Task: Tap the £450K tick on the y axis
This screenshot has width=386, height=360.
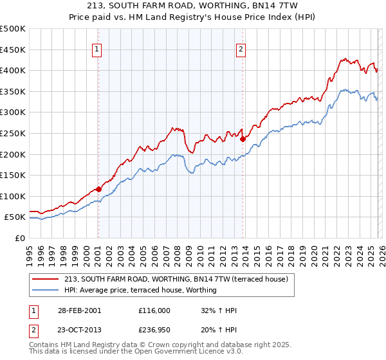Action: pos(13,50)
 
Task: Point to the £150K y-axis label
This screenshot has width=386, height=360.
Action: pos(13,175)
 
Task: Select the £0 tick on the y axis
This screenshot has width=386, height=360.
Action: pos(20,238)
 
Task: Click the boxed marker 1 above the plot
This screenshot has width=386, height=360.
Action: pos(97,49)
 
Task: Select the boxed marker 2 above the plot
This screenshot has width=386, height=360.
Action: pos(241,49)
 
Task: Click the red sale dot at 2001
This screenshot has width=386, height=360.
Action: pos(98,189)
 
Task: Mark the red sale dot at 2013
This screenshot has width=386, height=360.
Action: pos(243,139)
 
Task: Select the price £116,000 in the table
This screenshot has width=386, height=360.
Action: pos(154,310)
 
